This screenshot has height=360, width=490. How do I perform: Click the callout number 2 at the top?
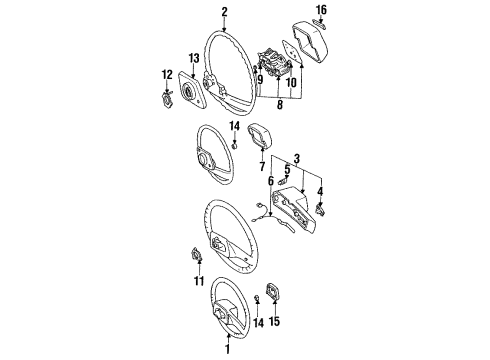pyautogui.click(x=224, y=12)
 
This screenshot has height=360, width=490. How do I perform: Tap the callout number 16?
pyautogui.click(x=321, y=10)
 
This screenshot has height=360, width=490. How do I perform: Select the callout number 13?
pyautogui.click(x=194, y=58)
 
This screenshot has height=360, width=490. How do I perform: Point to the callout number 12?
pyautogui.click(x=167, y=75)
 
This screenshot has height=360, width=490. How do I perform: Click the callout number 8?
pyautogui.click(x=280, y=105)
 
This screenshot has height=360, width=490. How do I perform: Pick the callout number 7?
pyautogui.click(x=262, y=166)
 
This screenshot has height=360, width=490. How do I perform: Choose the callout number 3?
pyautogui.click(x=297, y=159)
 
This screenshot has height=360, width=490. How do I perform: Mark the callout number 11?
pyautogui.click(x=199, y=281)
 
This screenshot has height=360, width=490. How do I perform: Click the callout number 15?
pyautogui.click(x=274, y=321)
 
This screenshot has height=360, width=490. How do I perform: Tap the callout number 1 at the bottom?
pyautogui.click(x=228, y=349)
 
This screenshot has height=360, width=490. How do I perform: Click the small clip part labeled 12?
pyautogui.click(x=167, y=99)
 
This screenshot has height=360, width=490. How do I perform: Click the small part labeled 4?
pyautogui.click(x=321, y=210)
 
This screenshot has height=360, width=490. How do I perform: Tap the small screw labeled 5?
pyautogui.click(x=284, y=182)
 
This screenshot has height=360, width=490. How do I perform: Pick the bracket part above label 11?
pyautogui.click(x=198, y=254)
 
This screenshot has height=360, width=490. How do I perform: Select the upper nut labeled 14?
pyautogui.click(x=235, y=146)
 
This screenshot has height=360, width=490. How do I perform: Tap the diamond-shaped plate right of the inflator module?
pyautogui.click(x=292, y=52)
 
